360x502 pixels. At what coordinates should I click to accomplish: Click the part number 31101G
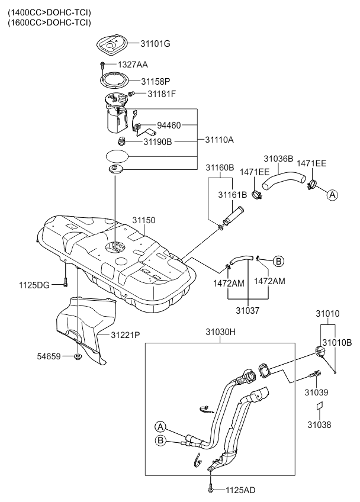click(155, 44)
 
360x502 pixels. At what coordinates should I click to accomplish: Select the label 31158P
click(155, 81)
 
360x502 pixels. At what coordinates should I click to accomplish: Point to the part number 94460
click(168, 125)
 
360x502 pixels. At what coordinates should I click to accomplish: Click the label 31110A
click(219, 140)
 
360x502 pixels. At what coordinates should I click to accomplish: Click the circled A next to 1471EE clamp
click(332, 194)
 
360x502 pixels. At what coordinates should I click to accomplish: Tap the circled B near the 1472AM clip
click(278, 260)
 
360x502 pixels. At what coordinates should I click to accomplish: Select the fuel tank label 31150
click(143, 220)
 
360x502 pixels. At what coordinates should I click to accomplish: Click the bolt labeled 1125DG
click(65, 285)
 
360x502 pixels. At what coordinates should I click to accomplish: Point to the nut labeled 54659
click(78, 356)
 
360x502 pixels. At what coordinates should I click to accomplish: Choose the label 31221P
click(126, 335)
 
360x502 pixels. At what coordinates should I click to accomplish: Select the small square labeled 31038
click(319, 406)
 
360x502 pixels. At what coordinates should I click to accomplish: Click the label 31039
click(316, 392)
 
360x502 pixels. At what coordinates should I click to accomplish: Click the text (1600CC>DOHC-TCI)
click(49, 22)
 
